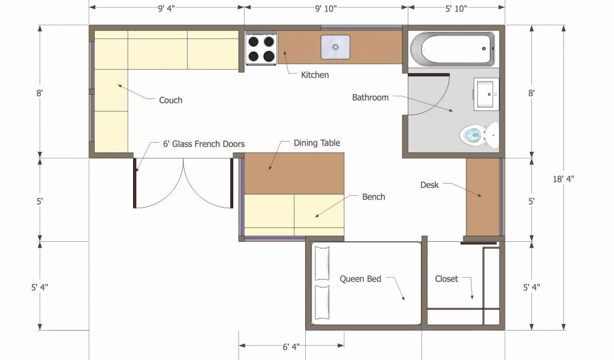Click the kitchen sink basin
(336, 47)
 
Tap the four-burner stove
(261, 48)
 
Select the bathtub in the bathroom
(452, 49)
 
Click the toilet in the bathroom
(479, 135)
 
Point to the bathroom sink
(486, 94)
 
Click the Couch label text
(171, 100)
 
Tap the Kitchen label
(315, 75)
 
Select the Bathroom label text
(370, 98)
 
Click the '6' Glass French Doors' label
(204, 144)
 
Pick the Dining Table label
(317, 143)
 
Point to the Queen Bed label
(360, 279)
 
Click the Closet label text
(446, 279)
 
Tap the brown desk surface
(483, 197)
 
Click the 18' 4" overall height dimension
(563, 179)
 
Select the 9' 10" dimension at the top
(326, 8)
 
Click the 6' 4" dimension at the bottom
(291, 347)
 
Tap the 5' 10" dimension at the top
(456, 8)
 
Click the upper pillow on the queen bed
(322, 263)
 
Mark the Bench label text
(374, 197)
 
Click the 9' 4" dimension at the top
(167, 8)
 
